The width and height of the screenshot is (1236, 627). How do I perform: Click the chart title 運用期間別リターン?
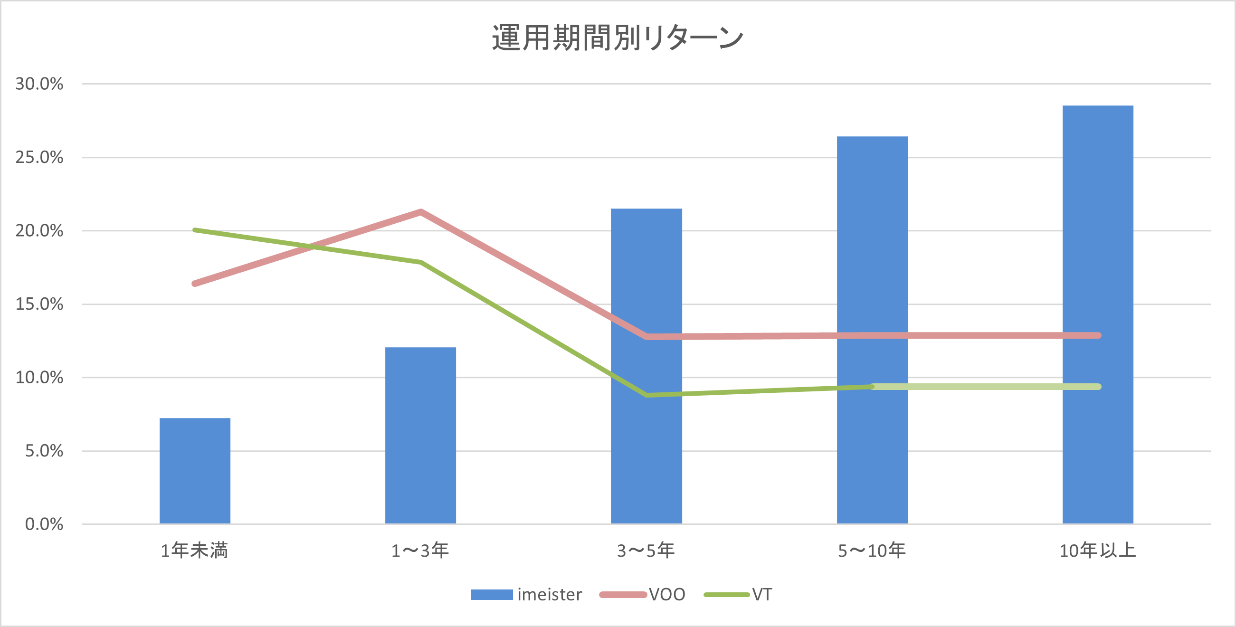[618, 38]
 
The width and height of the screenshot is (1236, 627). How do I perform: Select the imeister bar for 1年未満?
[195, 470]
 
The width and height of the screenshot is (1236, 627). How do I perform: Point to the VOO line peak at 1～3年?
[420, 211]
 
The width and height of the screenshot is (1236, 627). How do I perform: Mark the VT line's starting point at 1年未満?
[195, 230]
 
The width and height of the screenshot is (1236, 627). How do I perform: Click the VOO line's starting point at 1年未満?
[195, 284]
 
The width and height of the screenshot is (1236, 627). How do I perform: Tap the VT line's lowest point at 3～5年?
[647, 395]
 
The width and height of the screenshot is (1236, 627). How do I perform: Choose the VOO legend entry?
[643, 594]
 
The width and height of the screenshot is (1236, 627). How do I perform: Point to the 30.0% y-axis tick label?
[39, 84]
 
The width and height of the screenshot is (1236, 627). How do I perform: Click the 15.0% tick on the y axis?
[39, 304]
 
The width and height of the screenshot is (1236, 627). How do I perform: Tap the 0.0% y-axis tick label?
[44, 524]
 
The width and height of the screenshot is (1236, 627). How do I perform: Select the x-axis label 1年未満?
[194, 550]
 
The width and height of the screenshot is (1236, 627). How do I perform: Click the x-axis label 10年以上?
[1097, 550]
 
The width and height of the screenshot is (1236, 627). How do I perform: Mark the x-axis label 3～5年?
[646, 550]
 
